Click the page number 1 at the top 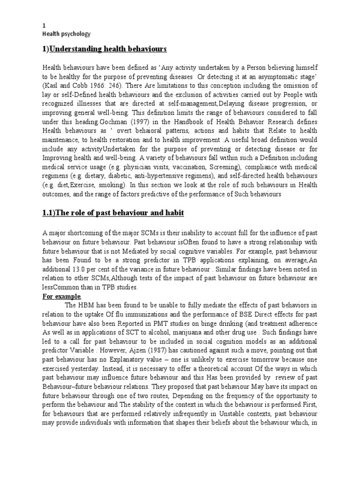pos(44,26)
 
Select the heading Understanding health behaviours pos(105,49)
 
